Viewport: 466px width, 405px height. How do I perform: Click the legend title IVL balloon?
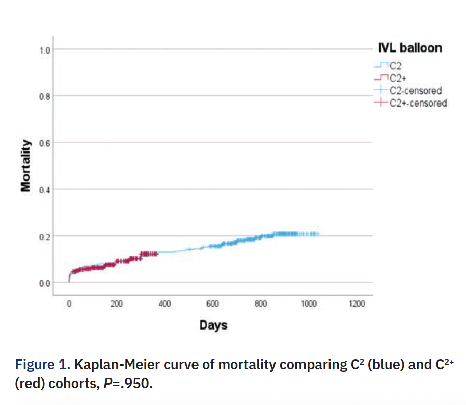coord(409,48)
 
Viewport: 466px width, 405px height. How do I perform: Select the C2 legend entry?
coord(395,65)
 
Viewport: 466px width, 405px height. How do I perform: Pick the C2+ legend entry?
coord(398,78)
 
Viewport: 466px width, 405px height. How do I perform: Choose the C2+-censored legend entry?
coord(417,103)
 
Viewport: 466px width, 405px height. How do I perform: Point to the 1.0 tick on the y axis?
coord(45,50)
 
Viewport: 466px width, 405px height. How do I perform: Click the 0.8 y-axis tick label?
coord(45,96)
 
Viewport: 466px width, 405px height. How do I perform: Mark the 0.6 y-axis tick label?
coord(45,143)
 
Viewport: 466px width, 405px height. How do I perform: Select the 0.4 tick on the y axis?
coord(45,190)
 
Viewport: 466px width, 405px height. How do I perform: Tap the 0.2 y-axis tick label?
coord(45,236)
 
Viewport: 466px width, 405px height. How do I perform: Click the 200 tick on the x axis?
coord(117,304)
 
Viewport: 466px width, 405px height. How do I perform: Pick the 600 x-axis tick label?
coord(212,304)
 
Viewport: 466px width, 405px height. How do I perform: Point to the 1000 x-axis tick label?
coord(308,304)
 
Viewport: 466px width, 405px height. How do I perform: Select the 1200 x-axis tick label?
coord(357,304)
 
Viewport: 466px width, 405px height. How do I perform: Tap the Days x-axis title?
coord(213,325)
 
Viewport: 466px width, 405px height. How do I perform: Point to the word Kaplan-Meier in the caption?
coord(111,365)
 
